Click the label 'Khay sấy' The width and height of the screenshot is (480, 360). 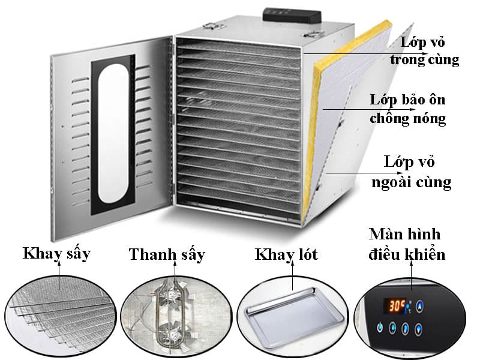pyautogui.click(x=56, y=254)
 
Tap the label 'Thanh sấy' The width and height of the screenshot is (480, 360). pyautogui.click(x=167, y=254)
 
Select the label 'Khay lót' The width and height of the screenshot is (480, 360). pyautogui.click(x=286, y=254)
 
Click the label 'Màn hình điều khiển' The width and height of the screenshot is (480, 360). pyautogui.click(x=407, y=244)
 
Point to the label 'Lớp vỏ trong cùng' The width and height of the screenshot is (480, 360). pyautogui.click(x=424, y=51)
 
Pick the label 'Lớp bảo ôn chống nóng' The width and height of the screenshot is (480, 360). pyautogui.click(x=408, y=109)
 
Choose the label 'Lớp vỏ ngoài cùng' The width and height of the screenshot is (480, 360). pyautogui.click(x=411, y=172)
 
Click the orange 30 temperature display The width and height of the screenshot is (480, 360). pyautogui.click(x=395, y=305)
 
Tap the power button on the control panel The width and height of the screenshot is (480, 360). pyautogui.click(x=380, y=327)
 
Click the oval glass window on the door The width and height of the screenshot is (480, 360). pyautogui.click(x=113, y=133)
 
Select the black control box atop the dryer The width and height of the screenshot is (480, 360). pyautogui.click(x=292, y=16)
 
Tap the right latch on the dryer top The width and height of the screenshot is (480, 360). pyautogui.click(x=314, y=34)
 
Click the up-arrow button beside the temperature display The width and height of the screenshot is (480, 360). pyautogui.click(x=419, y=305)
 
